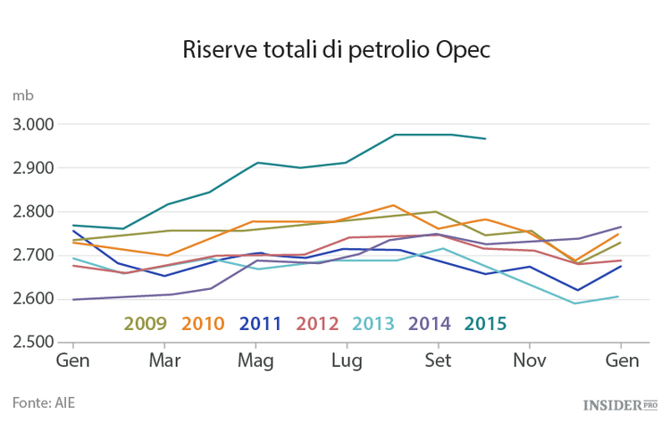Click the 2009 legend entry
pyautogui.click(x=145, y=323)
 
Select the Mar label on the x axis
pyautogui.click(x=164, y=361)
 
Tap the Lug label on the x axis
pyautogui.click(x=347, y=361)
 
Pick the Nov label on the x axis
pyautogui.click(x=529, y=361)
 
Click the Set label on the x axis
pyautogui.click(x=438, y=361)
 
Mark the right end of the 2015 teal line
pyautogui.click(x=485, y=138)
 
